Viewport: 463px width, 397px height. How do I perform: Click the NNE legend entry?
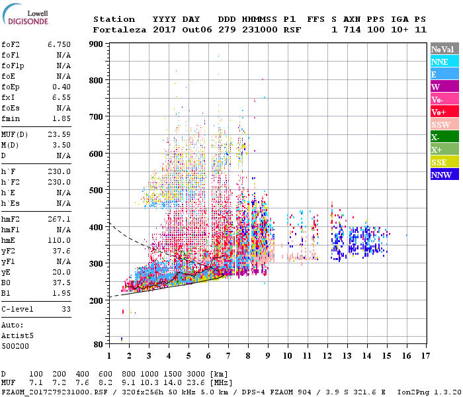point(444,62)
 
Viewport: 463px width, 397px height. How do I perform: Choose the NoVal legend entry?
point(444,49)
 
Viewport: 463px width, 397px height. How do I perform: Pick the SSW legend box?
point(444,125)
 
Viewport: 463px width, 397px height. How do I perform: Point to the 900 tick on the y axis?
point(96,44)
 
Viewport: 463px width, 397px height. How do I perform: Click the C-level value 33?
point(65,309)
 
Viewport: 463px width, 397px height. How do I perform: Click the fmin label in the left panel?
point(12,118)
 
